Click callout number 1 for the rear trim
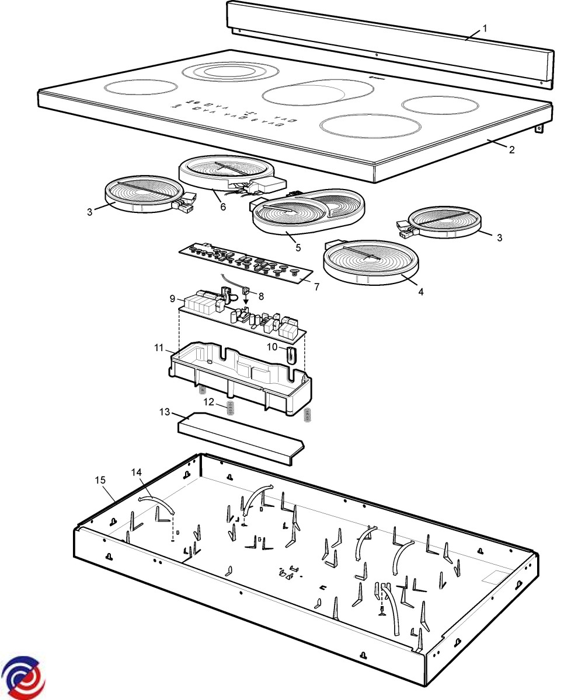coord(485,28)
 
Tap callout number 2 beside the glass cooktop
coord(511,149)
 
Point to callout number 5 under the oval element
coord(298,247)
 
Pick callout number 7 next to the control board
coord(316,286)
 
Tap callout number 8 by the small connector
coord(261,296)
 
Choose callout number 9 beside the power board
coord(173,299)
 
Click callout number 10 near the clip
coord(271,347)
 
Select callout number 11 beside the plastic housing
coord(158,348)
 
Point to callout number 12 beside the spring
coord(208,402)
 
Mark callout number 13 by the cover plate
coord(165,412)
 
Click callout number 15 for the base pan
coord(100,480)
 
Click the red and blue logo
coord(23,677)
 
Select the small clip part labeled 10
coord(290,353)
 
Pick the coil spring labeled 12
coord(230,408)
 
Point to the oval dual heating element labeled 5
coord(307,210)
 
